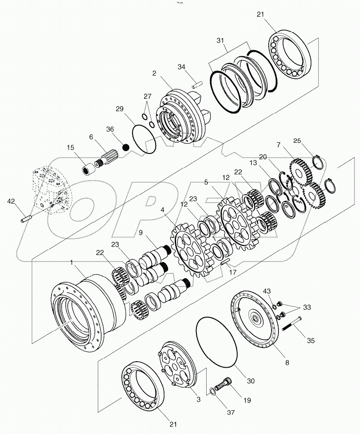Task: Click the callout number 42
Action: [11, 201]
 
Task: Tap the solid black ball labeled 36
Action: [125, 148]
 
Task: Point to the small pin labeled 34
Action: [196, 84]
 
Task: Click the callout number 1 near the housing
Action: [71, 262]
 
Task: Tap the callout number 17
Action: [234, 272]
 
